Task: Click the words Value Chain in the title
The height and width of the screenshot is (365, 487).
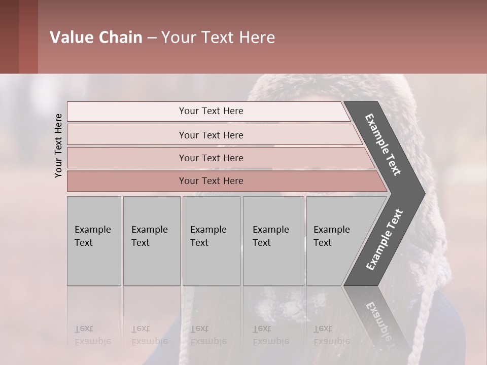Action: tap(96, 38)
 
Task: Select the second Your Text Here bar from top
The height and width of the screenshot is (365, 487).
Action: tap(211, 135)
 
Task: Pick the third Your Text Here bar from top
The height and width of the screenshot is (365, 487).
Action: tap(211, 158)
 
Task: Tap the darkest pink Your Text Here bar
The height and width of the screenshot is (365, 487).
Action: tap(211, 181)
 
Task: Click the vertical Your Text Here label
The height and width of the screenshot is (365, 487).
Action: tap(58, 145)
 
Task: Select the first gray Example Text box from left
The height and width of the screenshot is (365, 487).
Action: tap(94, 241)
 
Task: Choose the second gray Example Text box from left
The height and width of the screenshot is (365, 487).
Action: tap(151, 241)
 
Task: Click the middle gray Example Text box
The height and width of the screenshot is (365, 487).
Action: tap(211, 241)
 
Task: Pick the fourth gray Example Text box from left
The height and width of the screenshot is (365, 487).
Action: tap(273, 241)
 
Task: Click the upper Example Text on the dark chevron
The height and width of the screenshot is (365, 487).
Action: tap(383, 144)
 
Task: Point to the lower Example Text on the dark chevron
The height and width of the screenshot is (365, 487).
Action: tap(384, 240)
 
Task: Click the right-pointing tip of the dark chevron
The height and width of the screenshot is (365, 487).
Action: tap(421, 193)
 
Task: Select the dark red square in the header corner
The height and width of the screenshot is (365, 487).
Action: tap(9, 36)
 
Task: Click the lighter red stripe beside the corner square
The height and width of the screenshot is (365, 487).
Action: tap(28, 36)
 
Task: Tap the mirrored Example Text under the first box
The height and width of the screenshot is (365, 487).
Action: tap(92, 335)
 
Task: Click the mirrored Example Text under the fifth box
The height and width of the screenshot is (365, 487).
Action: tap(331, 335)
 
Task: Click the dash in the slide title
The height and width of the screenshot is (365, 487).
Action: tap(152, 38)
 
